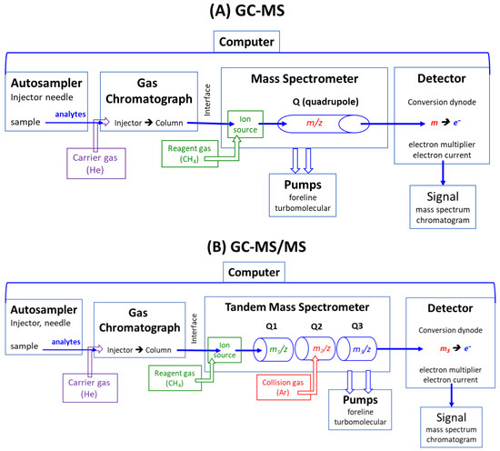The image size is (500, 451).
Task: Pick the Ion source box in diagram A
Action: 245,122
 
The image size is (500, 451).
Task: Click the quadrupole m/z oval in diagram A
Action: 315,122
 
